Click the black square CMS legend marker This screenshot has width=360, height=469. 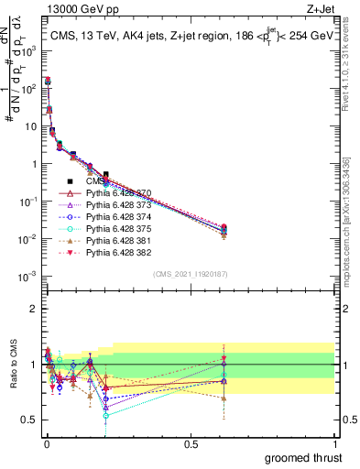70,182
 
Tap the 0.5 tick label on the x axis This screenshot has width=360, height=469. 191,442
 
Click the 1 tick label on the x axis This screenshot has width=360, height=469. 334,442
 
